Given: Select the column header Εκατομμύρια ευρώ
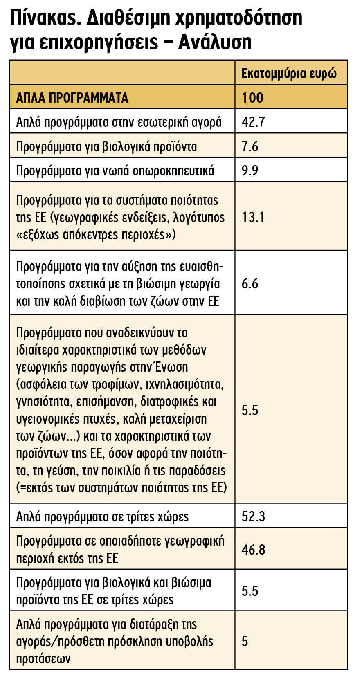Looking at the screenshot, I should click(289, 74).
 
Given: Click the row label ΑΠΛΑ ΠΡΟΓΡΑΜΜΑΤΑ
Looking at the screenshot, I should click(72, 98).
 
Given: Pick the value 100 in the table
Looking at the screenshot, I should click(252, 98).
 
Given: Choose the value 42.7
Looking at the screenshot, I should click(253, 122).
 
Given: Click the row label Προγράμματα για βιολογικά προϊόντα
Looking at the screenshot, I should click(106, 146).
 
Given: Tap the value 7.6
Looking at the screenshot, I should click(250, 146).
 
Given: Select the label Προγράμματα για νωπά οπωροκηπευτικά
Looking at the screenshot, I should click(115, 171).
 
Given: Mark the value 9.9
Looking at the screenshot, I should click(250, 171).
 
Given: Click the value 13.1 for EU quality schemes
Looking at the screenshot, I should click(253, 217).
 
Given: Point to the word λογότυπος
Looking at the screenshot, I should click(199, 217).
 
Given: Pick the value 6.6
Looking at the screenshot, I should click(250, 283).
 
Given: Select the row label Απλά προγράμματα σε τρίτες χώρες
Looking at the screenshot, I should click(102, 516).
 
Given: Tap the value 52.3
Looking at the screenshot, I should click(253, 516).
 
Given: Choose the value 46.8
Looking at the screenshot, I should click(253, 550).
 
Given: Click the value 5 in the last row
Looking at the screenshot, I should click(245, 641).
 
